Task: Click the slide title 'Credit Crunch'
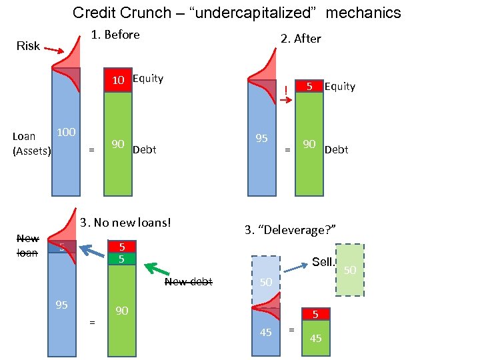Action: [x=237, y=13]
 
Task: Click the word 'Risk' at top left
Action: [x=28, y=46]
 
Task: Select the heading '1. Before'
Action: [x=115, y=35]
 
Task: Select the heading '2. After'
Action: [x=301, y=39]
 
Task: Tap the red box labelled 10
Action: [x=118, y=80]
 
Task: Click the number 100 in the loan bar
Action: [x=65, y=132]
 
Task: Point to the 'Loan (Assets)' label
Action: [x=31, y=143]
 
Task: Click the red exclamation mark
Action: [x=285, y=90]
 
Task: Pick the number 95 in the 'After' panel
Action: [x=262, y=139]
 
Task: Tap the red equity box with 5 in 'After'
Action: [x=309, y=87]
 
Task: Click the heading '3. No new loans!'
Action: [x=126, y=222]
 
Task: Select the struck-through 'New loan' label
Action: [x=27, y=245]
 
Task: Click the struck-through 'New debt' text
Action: [x=188, y=282]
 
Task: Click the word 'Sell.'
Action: [x=323, y=262]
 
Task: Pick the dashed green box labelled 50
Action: [x=350, y=269]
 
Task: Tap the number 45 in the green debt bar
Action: [x=315, y=339]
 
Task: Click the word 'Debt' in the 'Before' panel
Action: [x=145, y=149]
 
